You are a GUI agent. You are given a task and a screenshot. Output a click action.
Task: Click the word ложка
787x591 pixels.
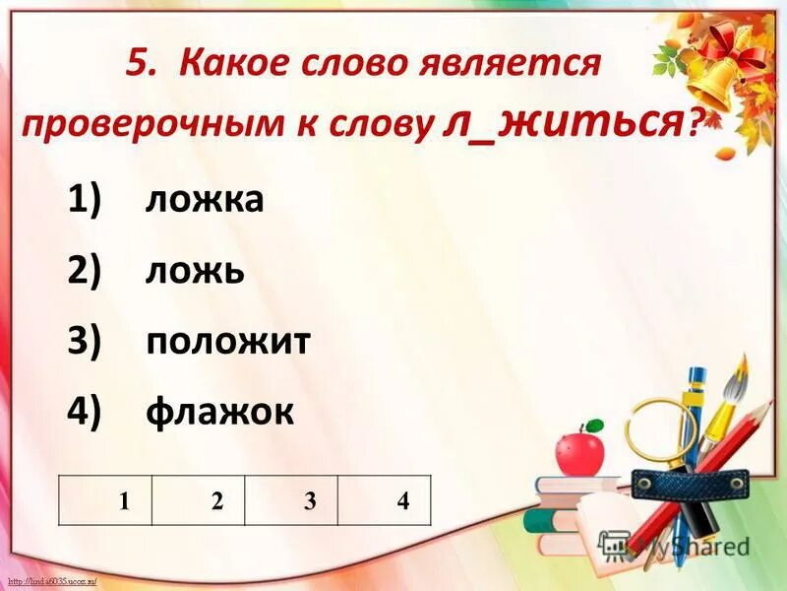point(205,200)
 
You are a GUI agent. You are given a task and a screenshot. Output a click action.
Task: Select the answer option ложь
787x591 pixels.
point(195,271)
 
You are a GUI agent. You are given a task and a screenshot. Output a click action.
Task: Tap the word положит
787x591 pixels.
point(228,341)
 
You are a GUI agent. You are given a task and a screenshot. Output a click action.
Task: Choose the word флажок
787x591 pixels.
point(219,411)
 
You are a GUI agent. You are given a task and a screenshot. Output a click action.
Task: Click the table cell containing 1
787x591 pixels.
point(105,499)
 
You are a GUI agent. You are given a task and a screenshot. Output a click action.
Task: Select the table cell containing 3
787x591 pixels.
point(291,499)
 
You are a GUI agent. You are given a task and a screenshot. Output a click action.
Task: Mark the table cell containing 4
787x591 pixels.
point(385,499)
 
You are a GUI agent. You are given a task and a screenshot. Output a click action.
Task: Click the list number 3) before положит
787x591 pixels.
point(85,341)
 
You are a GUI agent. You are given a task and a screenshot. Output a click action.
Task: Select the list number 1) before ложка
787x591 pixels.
point(85,200)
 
